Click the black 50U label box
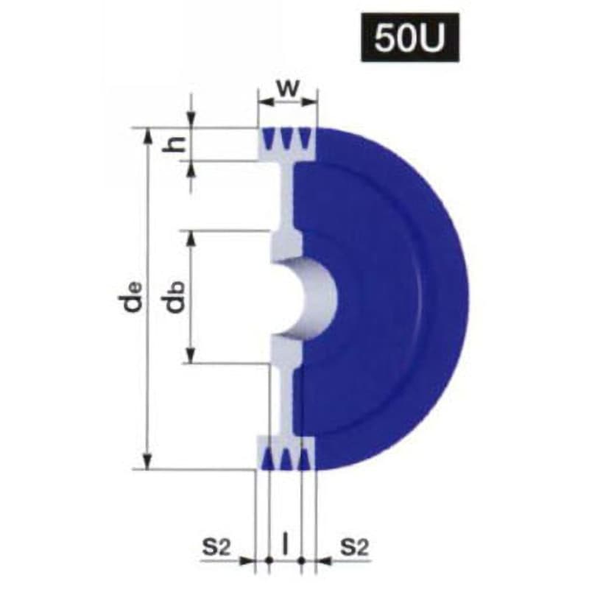tap(410, 38)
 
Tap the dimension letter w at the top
tap(288, 88)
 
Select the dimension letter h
tap(174, 144)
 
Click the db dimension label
tap(174, 297)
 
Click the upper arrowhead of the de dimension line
tap(148, 136)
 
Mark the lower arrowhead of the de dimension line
tap(148, 462)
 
